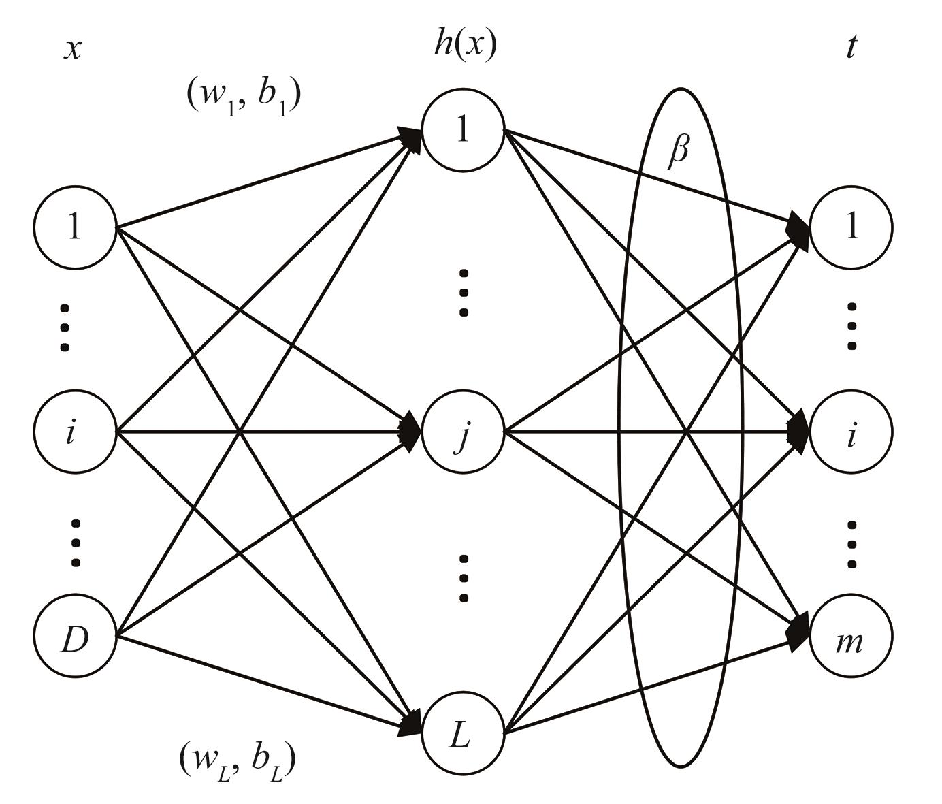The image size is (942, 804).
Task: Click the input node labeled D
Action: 75,636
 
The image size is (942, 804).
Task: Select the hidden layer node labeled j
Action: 464,432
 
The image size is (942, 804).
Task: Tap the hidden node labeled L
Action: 464,735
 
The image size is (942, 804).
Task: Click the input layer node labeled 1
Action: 75,227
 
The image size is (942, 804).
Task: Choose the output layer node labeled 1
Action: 851,227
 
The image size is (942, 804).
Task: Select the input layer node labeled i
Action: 75,432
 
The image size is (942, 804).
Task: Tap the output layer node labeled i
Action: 851,432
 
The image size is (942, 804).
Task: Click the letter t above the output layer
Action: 851,48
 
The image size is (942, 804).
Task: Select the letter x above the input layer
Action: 73,49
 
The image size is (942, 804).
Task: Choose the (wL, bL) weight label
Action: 238,760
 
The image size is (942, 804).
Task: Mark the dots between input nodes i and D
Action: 76,543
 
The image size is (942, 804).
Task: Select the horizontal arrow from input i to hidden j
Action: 272,432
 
